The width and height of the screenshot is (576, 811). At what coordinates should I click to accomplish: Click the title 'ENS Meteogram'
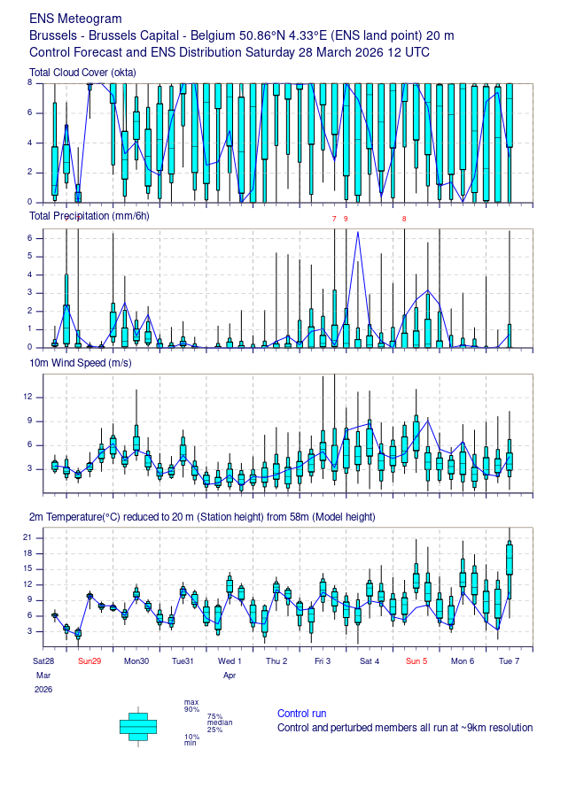pyautogui.click(x=76, y=19)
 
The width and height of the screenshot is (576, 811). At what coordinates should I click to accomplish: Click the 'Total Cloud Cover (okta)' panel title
pyautogui.click(x=82, y=72)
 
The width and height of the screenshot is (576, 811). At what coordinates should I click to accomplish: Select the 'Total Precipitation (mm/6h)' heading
pyautogui.click(x=90, y=216)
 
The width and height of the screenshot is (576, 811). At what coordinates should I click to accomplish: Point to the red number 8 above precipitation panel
pyautogui.click(x=404, y=219)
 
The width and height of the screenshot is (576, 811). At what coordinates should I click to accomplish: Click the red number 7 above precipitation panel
pyautogui.click(x=334, y=219)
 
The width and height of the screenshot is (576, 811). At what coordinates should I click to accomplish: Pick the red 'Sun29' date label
pyautogui.click(x=90, y=661)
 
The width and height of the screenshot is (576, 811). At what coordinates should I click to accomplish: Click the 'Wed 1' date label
pyautogui.click(x=229, y=661)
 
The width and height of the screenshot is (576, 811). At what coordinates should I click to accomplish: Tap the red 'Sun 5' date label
pyautogui.click(x=416, y=661)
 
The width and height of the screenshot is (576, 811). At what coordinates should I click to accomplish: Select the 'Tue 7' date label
pyautogui.click(x=509, y=661)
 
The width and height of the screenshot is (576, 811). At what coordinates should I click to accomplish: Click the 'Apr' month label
pyautogui.click(x=230, y=676)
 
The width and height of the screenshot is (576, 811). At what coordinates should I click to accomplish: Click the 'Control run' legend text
pyautogui.click(x=302, y=714)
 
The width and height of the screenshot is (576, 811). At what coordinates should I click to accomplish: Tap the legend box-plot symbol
pyautogui.click(x=137, y=725)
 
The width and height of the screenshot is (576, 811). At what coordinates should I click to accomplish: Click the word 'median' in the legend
pyautogui.click(x=220, y=722)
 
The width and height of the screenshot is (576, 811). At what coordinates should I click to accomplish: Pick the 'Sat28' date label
pyautogui.click(x=44, y=661)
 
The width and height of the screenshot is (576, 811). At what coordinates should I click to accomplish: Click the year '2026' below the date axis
pyautogui.click(x=43, y=689)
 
